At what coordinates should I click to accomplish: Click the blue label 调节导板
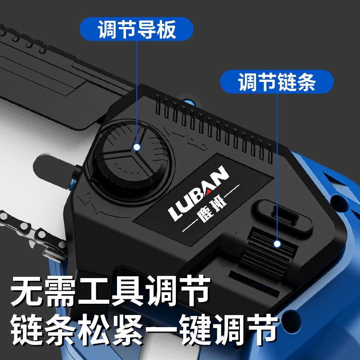pos(136,29)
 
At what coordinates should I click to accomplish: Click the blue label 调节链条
pos(277,81)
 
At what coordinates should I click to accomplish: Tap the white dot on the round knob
pos(137,147)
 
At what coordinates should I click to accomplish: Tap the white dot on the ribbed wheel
pos(277,244)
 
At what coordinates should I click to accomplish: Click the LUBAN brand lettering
pos(199,193)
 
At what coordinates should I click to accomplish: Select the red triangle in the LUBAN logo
pos(208,191)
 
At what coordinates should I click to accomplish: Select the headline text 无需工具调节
pos(110,291)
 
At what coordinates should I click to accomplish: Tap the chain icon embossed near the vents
pos(197,142)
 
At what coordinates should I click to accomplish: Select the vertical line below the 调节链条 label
pos(277,167)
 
